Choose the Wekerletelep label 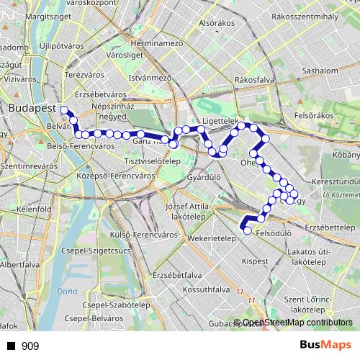[x=211, y=238]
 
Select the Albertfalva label [x=21, y=264]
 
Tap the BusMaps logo [x=325, y=346]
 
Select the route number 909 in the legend [x=30, y=346]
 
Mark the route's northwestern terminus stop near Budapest [x=64, y=110]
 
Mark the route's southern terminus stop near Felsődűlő [x=248, y=230]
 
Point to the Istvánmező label [x=150, y=76]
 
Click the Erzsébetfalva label [x=176, y=275]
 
